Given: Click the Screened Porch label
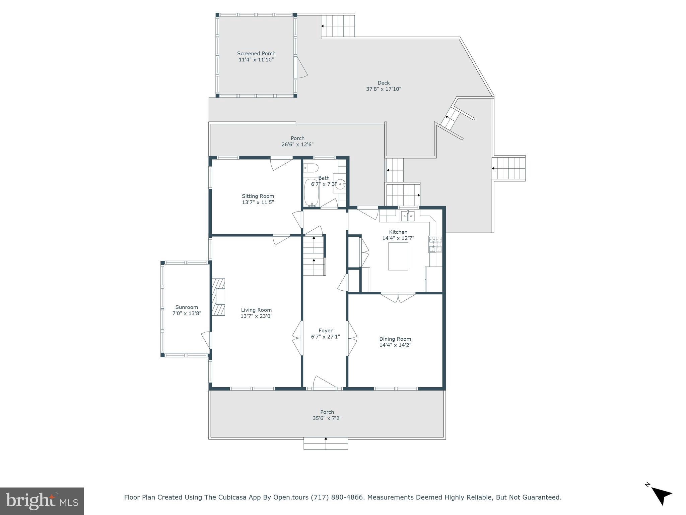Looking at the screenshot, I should click(256, 53).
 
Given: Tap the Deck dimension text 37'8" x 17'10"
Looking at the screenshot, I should click(384, 89).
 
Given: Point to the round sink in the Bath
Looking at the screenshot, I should click(340, 184).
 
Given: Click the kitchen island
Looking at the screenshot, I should click(398, 256).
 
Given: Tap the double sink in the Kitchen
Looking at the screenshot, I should click(408, 216).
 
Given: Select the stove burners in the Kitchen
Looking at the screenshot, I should click(435, 244).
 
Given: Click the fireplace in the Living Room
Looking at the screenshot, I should click(218, 297).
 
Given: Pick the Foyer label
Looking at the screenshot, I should click(325, 331).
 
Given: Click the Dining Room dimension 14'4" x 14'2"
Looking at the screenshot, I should click(395, 345).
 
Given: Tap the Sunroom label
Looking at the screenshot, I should click(187, 307).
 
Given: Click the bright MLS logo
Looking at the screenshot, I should click(42, 501).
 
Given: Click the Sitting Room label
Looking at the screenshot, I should click(258, 196).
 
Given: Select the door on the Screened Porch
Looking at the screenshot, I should click(301, 67).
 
